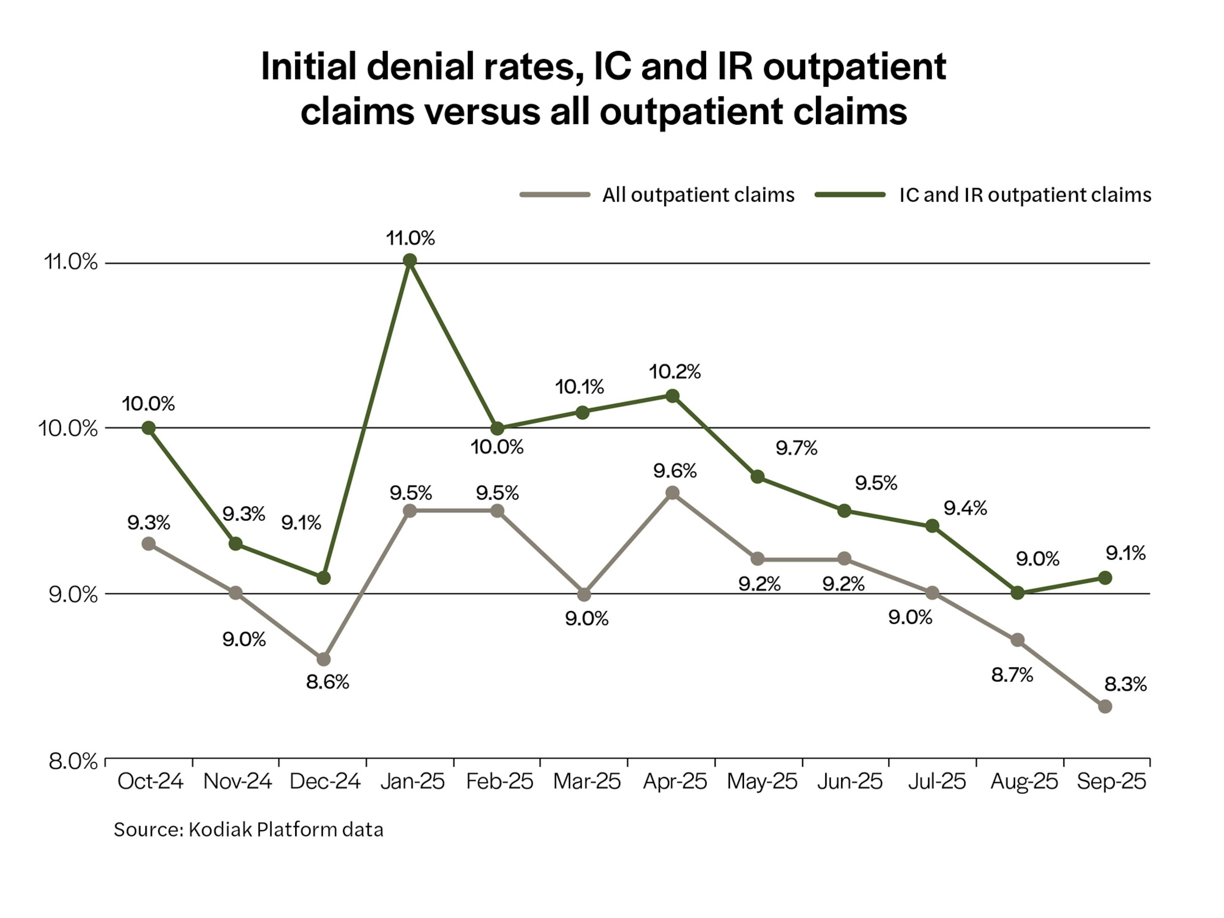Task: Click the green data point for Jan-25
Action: coord(410,261)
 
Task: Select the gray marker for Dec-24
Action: coord(324,659)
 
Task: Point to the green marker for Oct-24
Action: coord(148,428)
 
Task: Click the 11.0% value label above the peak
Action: coord(410,238)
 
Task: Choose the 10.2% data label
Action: coord(674,372)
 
